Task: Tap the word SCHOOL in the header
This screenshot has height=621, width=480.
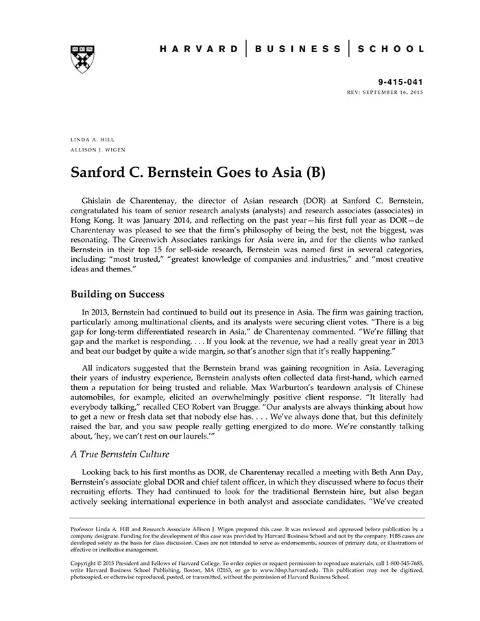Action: tap(393, 49)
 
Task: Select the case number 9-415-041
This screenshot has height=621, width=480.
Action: tap(400, 81)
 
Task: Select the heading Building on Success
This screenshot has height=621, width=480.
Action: tap(117, 294)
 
